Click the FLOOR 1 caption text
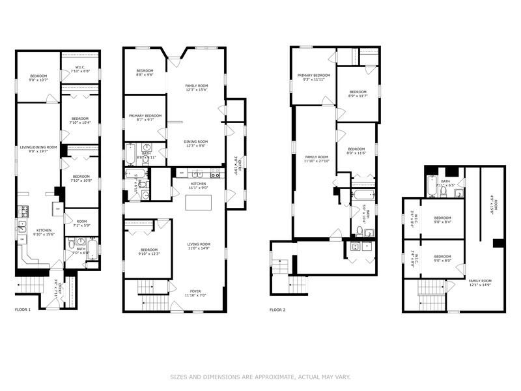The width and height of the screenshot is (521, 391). point(23,310)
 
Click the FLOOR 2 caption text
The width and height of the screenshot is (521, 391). point(277,310)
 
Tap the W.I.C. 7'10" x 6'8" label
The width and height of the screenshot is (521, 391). point(80,70)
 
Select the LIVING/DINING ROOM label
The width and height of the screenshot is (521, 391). point(38,149)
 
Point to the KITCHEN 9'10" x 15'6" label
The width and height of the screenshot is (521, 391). point(45,232)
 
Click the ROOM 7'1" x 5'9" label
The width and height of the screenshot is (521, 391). point(81,224)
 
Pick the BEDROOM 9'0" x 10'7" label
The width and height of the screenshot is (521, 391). point(38,79)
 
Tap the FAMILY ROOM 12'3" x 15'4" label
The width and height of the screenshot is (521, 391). point(196,88)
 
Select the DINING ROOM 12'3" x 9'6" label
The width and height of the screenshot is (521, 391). point(196,143)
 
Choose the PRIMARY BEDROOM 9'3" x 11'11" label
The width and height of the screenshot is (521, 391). point(314,78)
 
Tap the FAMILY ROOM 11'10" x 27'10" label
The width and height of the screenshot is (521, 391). point(317,159)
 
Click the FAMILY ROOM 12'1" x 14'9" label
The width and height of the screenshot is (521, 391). point(481,282)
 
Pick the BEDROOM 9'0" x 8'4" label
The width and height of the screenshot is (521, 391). point(443,220)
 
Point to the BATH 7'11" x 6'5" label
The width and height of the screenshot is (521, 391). point(445,184)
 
